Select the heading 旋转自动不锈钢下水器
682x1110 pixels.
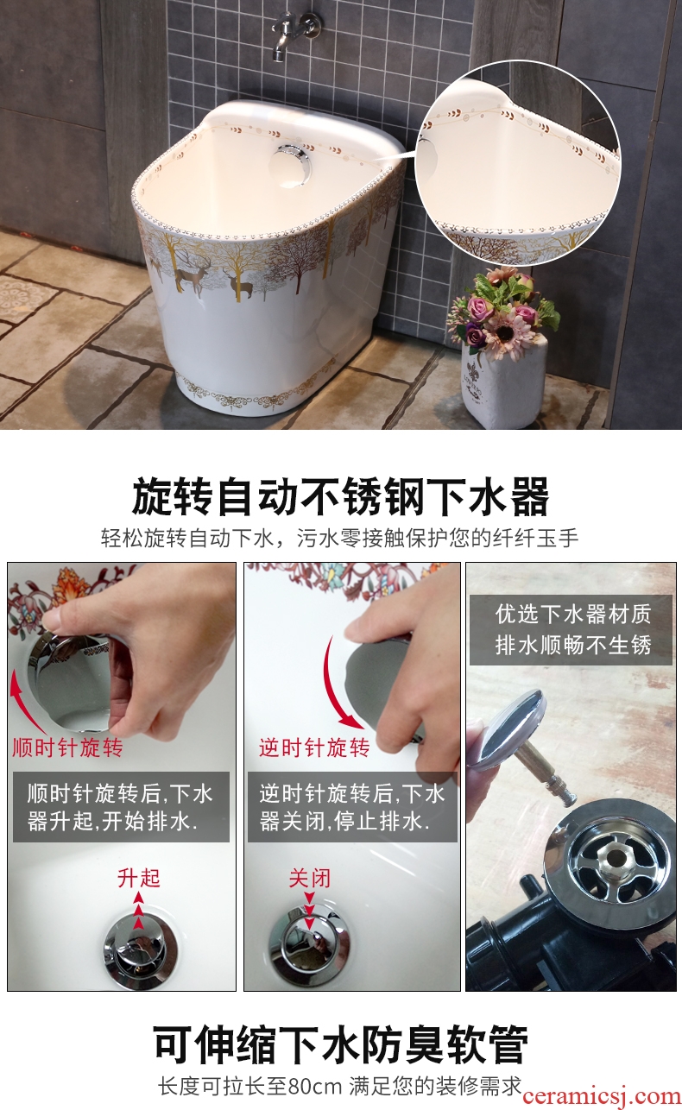[x=340, y=495]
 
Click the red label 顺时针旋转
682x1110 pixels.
[x=67, y=747]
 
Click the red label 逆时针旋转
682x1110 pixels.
[x=314, y=747]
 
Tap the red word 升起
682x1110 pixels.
[x=139, y=878]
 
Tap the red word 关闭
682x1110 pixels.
[x=310, y=878]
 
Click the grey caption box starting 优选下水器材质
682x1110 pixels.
[x=571, y=630]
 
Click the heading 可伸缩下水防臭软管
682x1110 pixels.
[x=340, y=1044]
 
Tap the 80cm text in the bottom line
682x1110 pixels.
[x=315, y=1087]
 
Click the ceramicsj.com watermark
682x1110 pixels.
[x=602, y=1096]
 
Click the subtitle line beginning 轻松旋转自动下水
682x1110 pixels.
[x=340, y=538]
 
